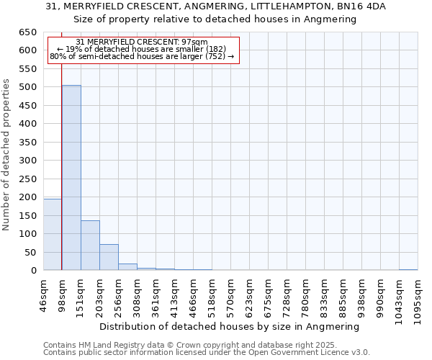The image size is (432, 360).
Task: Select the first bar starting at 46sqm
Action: [53, 235]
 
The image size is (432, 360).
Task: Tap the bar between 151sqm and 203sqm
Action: [90, 246]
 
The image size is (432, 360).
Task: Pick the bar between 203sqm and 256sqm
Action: [109, 257]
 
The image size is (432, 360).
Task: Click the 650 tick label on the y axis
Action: [27, 32]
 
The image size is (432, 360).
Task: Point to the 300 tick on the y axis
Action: [27, 161]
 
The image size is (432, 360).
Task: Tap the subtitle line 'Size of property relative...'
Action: [215, 19]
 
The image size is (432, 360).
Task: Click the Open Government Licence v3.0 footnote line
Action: [207, 353]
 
